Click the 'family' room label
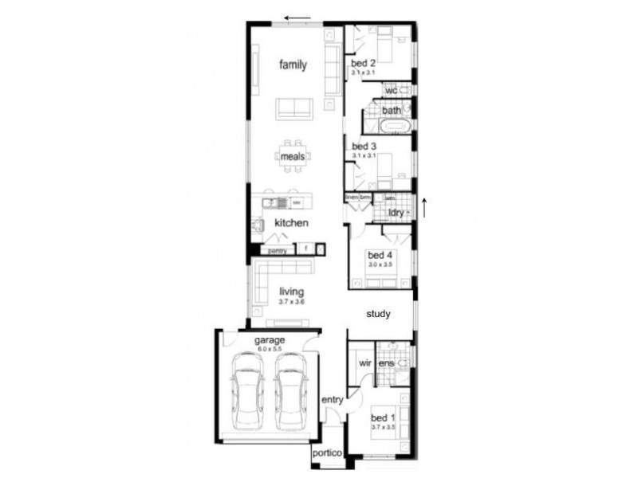pyautogui.click(x=293, y=65)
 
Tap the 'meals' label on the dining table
pyautogui.click(x=293, y=157)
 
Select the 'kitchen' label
pyautogui.click(x=291, y=223)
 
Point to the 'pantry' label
pyautogui.click(x=277, y=250)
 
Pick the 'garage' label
pyautogui.click(x=270, y=340)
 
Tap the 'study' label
pyautogui.click(x=378, y=314)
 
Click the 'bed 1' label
pyautogui.click(x=383, y=417)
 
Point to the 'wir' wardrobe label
pyautogui.click(x=365, y=363)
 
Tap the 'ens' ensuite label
pyautogui.click(x=386, y=364)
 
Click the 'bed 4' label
pyautogui.click(x=378, y=255)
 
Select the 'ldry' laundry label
pyautogui.click(x=396, y=213)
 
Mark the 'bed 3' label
pyautogui.click(x=363, y=147)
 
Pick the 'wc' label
pyautogui.click(x=392, y=90)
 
